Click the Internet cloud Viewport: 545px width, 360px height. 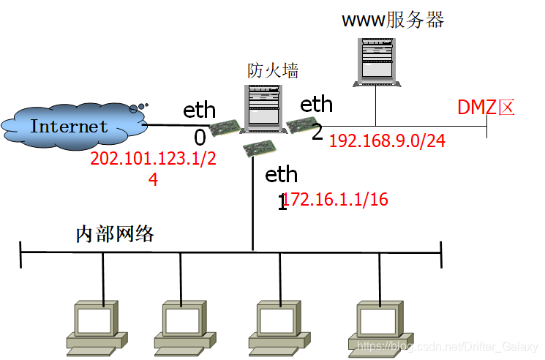[x=69, y=126]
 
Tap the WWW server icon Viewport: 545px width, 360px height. [x=377, y=59]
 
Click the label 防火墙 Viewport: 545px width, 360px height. [x=273, y=70]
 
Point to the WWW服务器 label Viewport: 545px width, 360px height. [x=393, y=19]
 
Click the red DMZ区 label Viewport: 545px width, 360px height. [x=486, y=108]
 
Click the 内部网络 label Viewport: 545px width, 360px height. [x=115, y=234]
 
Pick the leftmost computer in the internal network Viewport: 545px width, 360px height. [x=94, y=326]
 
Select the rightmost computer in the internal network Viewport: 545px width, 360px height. [x=379, y=326]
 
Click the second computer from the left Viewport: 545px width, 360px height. [x=181, y=326]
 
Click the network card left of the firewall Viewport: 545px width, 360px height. [x=225, y=130]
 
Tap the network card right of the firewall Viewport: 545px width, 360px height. [x=300, y=126]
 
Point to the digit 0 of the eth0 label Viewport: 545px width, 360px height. [x=200, y=138]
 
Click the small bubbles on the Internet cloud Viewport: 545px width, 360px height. [x=138, y=108]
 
